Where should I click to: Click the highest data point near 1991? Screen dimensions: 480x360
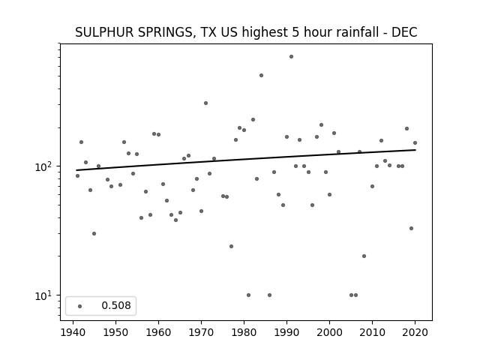pos(291,57)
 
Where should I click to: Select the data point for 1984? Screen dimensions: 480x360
pos(261,75)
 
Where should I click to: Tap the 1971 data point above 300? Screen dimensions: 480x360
pos(205,103)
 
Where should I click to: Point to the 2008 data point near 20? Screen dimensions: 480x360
pos(364,256)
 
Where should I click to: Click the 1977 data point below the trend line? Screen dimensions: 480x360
pos(231,247)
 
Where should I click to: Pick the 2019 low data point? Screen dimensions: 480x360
pos(411,228)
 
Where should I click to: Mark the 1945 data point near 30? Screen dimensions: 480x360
pos(94,233)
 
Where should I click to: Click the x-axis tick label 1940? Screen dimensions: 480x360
pos(73,332)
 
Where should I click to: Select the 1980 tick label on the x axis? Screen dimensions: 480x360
pos(244,332)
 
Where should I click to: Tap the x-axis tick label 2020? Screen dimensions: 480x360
pos(415,332)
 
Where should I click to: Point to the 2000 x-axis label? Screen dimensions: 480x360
pos(329,332)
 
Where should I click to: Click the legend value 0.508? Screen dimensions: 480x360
pos(116,305)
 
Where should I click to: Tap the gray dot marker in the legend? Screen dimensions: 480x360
pos(80,306)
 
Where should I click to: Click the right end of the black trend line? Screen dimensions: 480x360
pos(415,150)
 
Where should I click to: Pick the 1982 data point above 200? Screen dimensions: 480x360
pos(253,120)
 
